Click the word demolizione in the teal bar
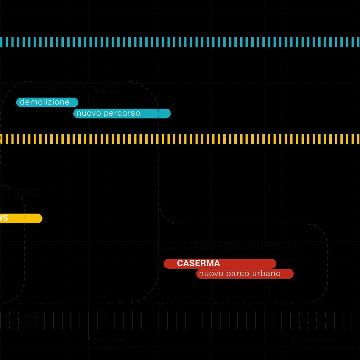tap(45, 102)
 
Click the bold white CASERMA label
tap(199, 263)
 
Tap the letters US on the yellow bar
tap(4, 218)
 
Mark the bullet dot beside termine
tap(89, 339)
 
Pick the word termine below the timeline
tap(108, 340)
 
